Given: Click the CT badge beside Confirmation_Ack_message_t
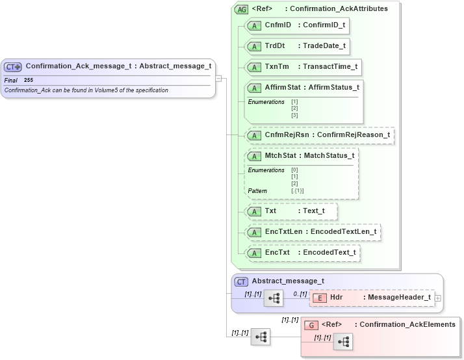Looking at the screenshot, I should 13,66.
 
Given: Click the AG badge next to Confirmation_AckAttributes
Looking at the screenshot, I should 242,10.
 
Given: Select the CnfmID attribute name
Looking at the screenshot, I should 277,25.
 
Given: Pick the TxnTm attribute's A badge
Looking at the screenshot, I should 255,67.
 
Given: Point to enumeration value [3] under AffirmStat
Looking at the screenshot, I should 294,115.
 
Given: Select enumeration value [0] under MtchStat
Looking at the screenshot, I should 294,170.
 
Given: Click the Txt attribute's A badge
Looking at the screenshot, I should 255,212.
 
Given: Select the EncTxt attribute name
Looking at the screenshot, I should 277,253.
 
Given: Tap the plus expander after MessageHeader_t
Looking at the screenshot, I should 437,298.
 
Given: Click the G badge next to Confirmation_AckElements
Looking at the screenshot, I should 312,325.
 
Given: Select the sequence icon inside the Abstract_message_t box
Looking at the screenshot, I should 274,298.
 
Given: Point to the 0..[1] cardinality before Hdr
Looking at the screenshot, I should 300,294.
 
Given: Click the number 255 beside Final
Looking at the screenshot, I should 29,80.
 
